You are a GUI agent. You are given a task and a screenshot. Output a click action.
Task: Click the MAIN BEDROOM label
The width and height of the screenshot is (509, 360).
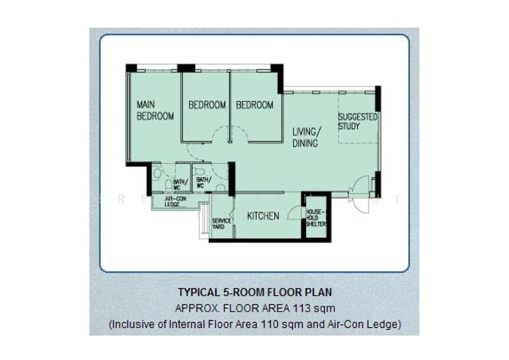click(155, 110)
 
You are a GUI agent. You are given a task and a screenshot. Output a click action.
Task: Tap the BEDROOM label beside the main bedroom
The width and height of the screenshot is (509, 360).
click(207, 105)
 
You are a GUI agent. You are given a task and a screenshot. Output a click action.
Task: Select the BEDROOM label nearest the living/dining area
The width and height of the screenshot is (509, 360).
click(254, 105)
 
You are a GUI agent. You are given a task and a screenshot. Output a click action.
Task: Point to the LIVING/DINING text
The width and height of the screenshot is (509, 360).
click(307, 137)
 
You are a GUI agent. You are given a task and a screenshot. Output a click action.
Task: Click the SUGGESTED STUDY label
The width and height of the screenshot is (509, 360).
click(358, 121)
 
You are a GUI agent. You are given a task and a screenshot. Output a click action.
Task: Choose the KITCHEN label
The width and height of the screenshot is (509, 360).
click(263, 216)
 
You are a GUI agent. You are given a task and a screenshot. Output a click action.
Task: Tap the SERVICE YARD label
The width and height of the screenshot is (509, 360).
click(221, 225)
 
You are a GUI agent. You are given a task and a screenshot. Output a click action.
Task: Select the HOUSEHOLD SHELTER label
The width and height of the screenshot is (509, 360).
click(316, 218)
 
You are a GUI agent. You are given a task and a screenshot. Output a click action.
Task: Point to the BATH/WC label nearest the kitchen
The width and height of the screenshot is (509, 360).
click(204, 183)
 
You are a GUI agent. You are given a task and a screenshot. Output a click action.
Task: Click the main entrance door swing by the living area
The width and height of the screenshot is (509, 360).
click(360, 185)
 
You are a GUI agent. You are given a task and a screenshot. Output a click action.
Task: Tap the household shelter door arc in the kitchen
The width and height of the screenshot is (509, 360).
click(295, 212)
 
